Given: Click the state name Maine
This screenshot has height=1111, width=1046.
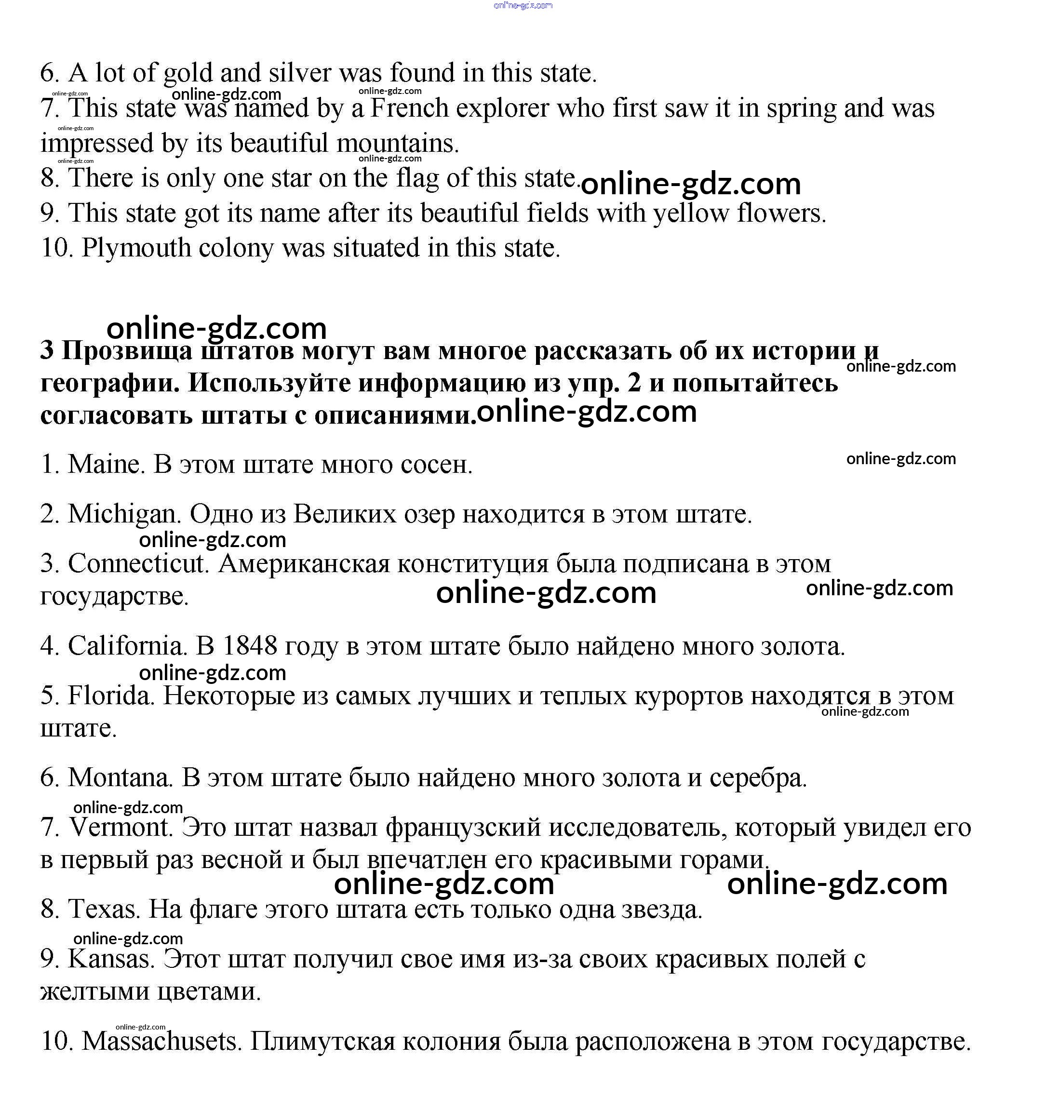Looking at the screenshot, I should coord(104,465).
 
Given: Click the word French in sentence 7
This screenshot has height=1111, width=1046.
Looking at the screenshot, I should coord(410,108).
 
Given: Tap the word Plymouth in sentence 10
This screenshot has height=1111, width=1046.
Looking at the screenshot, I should coord(136,248).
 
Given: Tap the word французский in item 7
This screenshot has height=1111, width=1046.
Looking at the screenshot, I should coord(463,827).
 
